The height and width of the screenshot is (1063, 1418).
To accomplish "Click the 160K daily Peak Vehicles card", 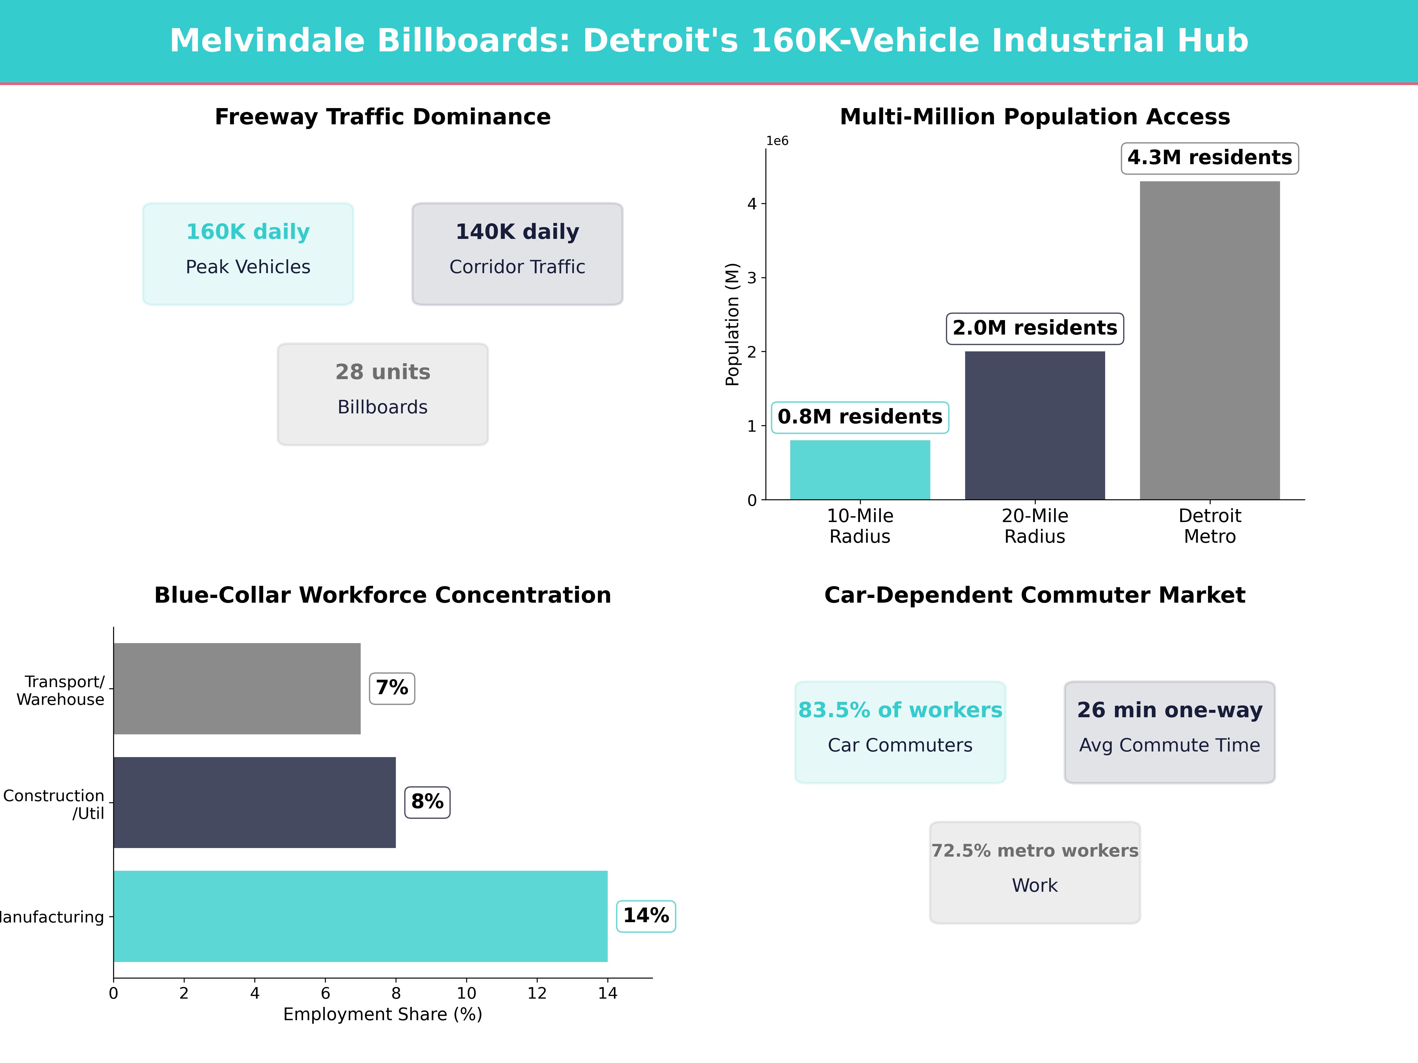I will pyautogui.click(x=248, y=254).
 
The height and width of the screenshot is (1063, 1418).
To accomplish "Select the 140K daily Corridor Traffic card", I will pyautogui.click(x=517, y=254).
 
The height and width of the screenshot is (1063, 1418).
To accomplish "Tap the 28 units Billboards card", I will pyautogui.click(x=383, y=394).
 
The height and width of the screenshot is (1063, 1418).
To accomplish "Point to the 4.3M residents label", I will pyautogui.click(x=1210, y=158).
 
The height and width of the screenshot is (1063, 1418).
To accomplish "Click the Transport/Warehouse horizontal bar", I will pyautogui.click(x=237, y=689).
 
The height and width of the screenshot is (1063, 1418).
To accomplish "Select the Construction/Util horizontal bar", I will pyautogui.click(x=254, y=802).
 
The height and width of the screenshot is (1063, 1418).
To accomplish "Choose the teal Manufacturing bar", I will pyautogui.click(x=360, y=916).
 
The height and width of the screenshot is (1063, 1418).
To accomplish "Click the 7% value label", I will pyautogui.click(x=392, y=688).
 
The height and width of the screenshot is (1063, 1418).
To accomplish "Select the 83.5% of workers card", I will pyautogui.click(x=900, y=732).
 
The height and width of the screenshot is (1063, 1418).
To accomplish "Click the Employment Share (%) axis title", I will pyautogui.click(x=383, y=1014).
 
